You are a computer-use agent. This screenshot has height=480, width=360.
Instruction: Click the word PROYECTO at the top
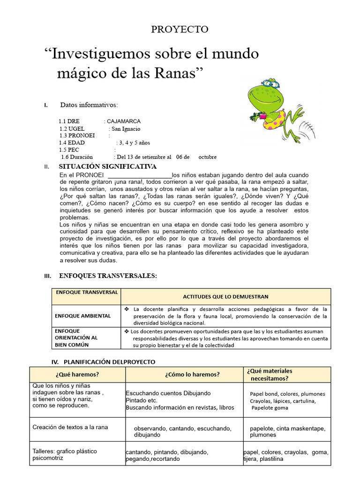[180, 30]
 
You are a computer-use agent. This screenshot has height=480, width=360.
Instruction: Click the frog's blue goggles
[270, 83]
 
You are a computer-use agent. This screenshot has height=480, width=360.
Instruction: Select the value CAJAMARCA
[123, 121]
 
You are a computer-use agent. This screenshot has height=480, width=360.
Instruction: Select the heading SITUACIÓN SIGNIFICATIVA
[108, 167]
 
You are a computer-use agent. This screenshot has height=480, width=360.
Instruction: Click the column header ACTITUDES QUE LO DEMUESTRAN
[226, 297]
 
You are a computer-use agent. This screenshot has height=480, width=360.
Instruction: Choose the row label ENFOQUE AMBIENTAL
[83, 315]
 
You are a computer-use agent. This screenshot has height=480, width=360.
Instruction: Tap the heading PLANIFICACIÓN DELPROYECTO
[109, 362]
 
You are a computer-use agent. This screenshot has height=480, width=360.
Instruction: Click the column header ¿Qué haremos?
[77, 374]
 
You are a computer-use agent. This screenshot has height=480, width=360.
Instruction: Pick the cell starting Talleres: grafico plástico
[65, 455]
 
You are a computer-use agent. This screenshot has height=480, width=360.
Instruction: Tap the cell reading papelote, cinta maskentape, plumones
[287, 432]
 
